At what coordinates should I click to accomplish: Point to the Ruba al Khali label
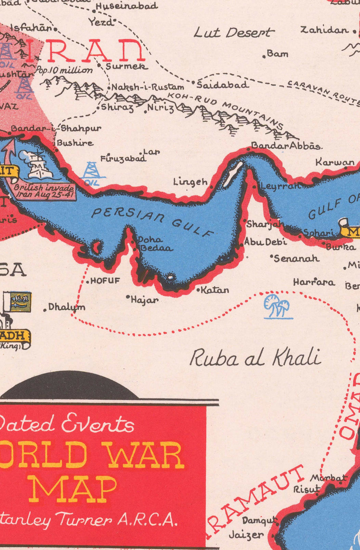(x=255, y=357)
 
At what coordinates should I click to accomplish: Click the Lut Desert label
(x=234, y=32)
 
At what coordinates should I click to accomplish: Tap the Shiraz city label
(x=117, y=107)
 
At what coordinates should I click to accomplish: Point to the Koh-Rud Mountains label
(x=226, y=110)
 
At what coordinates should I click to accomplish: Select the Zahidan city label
(x=324, y=30)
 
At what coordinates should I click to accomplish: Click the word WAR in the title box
(x=146, y=455)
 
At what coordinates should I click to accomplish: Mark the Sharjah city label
(x=265, y=224)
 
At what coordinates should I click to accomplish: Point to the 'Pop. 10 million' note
(x=64, y=70)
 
